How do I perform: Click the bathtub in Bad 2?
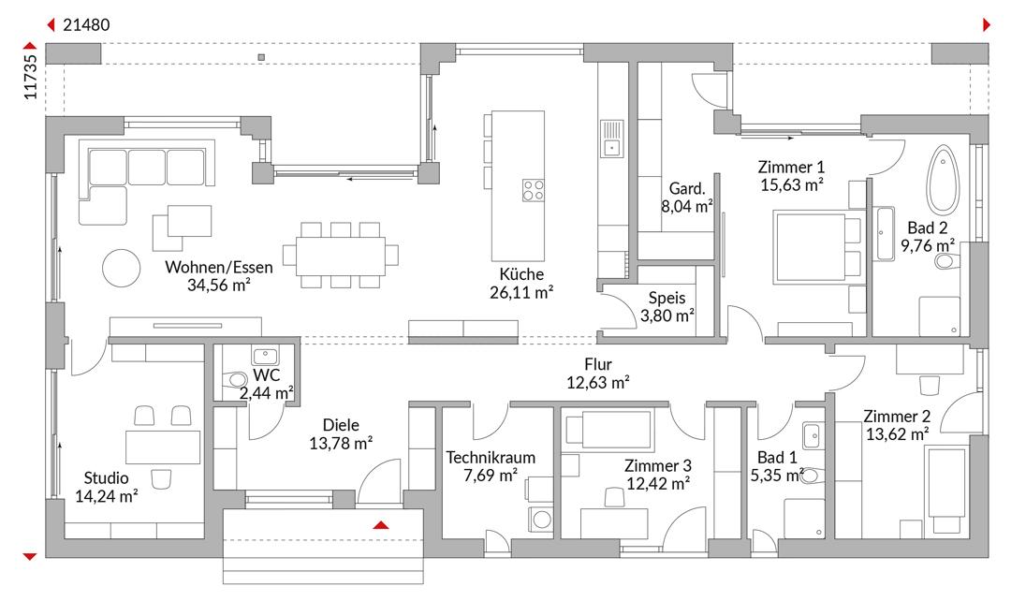coord(943,179)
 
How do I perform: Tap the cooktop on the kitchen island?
coord(534,190)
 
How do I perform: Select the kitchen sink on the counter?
coord(611,139)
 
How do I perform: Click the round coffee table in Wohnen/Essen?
coord(121,268)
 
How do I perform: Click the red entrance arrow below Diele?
coord(381,525)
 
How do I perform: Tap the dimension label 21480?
coord(86,24)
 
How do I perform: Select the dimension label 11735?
coord(30,77)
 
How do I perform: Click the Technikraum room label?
coord(491,457)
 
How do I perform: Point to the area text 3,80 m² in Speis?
coord(667,315)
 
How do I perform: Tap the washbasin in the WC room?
coord(265,356)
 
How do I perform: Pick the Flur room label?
coord(597,365)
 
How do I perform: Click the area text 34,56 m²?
coord(218,285)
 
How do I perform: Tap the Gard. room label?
coord(687,189)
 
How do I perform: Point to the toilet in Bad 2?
coord(946,261)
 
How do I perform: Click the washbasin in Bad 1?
coord(811,435)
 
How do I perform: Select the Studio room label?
coord(107,477)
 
